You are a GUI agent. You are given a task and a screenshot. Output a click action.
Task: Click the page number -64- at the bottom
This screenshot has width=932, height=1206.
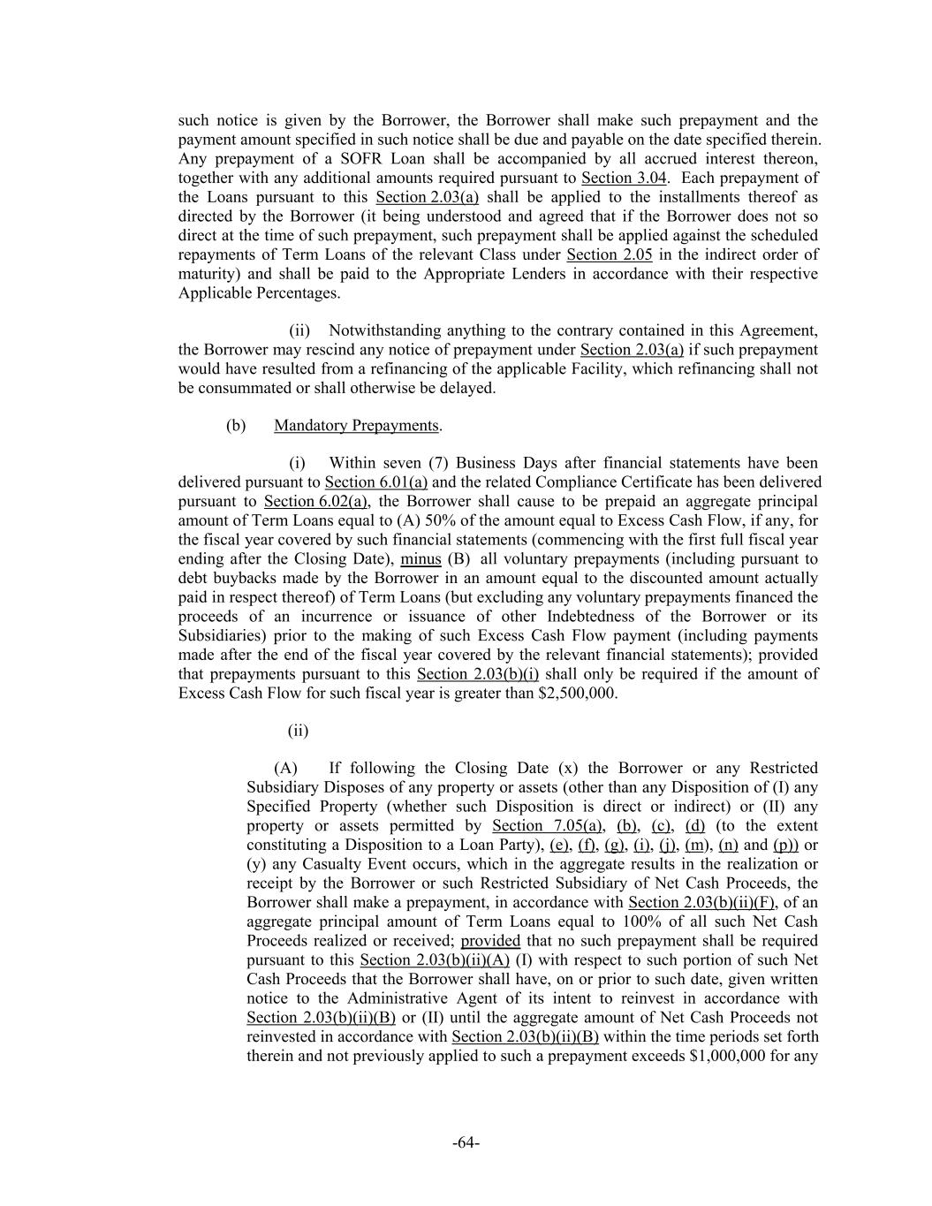click(x=466, y=1142)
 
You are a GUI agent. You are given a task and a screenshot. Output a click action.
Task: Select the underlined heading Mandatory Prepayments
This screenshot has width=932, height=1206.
click(x=356, y=426)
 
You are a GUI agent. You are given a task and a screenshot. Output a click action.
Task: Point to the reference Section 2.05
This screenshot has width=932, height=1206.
click(x=609, y=255)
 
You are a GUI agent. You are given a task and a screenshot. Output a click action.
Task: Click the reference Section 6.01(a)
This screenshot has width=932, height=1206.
click(x=375, y=482)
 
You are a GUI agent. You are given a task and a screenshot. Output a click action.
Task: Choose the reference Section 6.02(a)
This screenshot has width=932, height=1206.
click(x=315, y=502)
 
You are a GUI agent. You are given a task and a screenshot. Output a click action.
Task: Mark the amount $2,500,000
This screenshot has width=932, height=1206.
click(x=577, y=694)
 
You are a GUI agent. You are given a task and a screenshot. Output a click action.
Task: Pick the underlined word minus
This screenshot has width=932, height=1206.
click(x=421, y=559)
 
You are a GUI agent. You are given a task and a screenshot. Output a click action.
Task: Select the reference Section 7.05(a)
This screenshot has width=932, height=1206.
click(x=548, y=826)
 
